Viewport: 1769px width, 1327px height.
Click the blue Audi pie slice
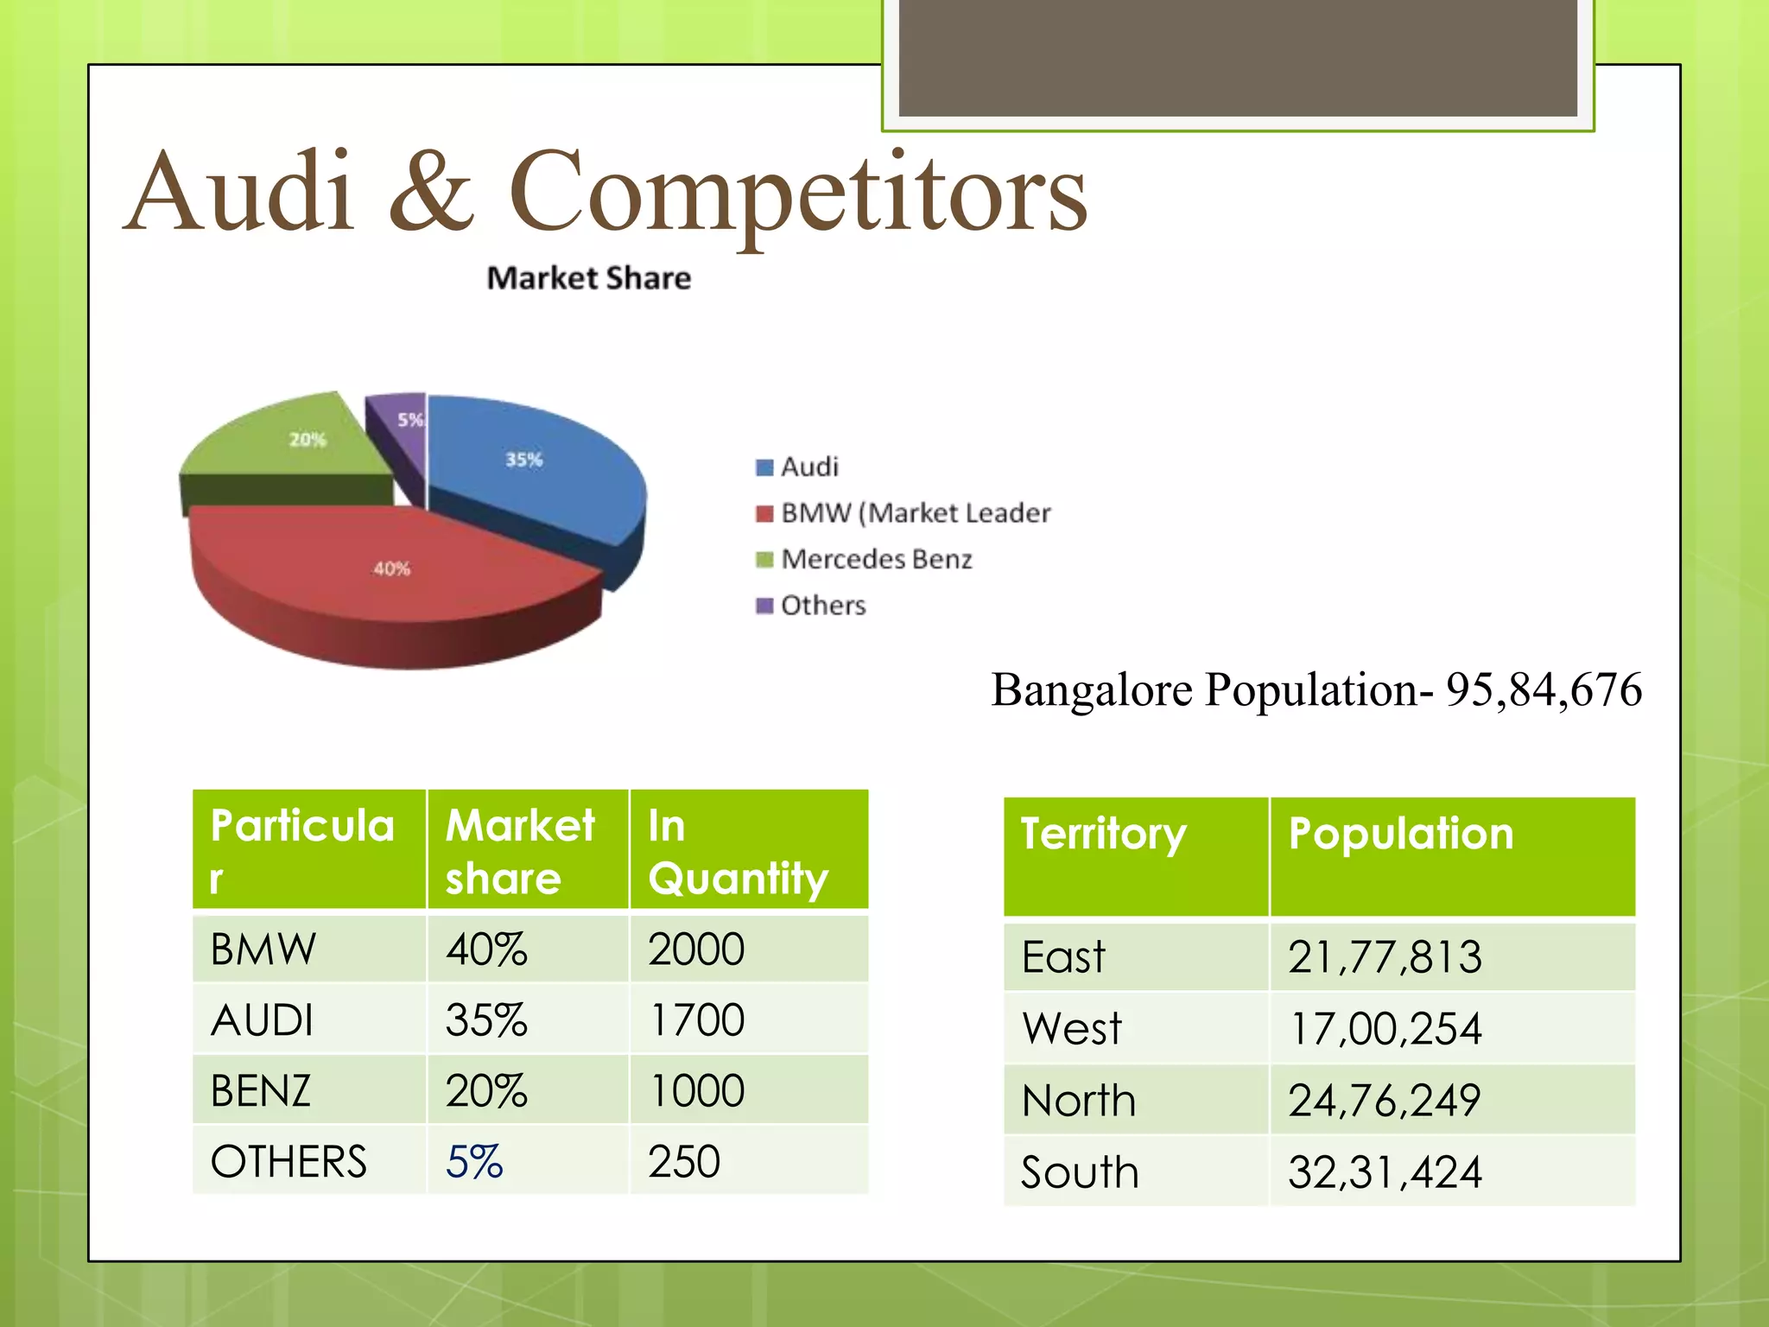[536, 467]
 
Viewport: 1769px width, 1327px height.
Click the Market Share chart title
[588, 278]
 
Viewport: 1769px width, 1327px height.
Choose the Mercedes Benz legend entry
[876, 559]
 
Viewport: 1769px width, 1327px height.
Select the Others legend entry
[822, 606]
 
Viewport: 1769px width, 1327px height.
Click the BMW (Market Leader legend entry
[915, 513]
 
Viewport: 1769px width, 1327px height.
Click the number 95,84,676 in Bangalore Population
[1544, 690]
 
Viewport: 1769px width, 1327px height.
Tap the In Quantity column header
[738, 851]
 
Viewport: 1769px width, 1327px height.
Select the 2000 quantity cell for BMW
[696, 949]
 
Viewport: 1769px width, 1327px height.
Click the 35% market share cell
[486, 1020]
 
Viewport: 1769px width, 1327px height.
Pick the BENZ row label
[261, 1091]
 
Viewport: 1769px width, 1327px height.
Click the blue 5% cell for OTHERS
[474, 1162]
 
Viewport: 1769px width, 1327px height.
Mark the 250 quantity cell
[684, 1162]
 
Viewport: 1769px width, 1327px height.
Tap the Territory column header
[1103, 835]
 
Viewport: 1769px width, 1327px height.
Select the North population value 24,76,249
[1385, 1101]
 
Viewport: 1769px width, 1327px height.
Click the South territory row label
[1080, 1172]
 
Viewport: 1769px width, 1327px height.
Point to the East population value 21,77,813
[1385, 957]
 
